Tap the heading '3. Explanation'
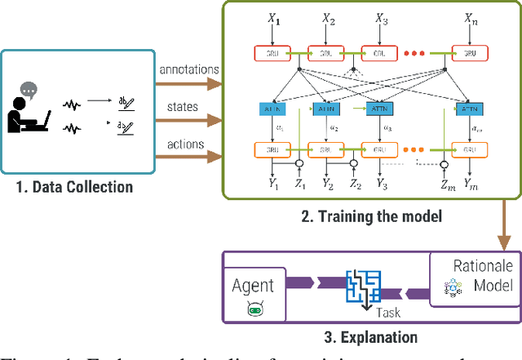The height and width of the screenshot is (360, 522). coord(360,336)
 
